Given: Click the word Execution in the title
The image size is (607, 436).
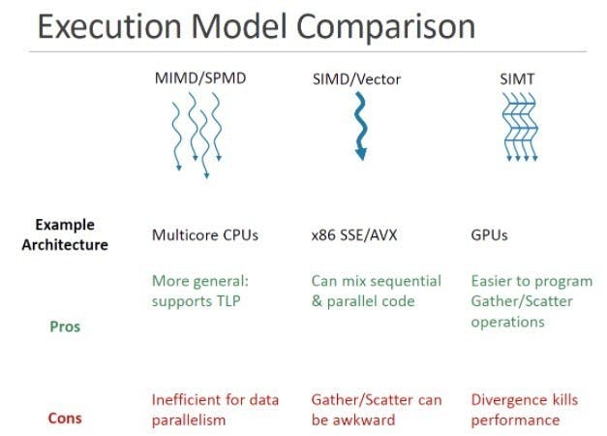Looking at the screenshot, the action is click(x=109, y=26).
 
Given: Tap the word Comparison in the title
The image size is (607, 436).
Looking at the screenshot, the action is click(x=385, y=28).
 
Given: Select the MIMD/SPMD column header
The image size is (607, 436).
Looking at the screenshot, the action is click(x=200, y=78).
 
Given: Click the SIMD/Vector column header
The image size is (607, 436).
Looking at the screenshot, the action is click(x=356, y=79).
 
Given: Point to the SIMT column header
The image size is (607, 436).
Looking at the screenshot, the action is click(x=517, y=79).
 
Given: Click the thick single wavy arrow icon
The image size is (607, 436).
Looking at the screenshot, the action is click(x=361, y=126).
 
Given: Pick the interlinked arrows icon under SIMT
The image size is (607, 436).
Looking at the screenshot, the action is click(x=520, y=127).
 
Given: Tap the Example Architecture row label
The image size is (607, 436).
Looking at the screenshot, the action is click(x=65, y=234).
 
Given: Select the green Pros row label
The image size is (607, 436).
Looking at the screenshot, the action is click(x=65, y=327).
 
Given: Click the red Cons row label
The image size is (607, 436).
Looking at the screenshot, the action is click(x=65, y=419).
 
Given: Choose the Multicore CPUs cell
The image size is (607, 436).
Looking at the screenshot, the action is click(x=205, y=234).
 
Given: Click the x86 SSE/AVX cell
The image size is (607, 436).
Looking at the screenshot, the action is click(x=354, y=234).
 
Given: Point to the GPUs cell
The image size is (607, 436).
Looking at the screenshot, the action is click(x=489, y=234).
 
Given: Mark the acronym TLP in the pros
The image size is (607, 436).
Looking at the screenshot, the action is click(x=227, y=301).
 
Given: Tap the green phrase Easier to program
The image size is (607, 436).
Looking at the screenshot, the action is click(x=531, y=282).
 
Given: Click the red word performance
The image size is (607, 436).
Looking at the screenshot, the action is click(x=515, y=420).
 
